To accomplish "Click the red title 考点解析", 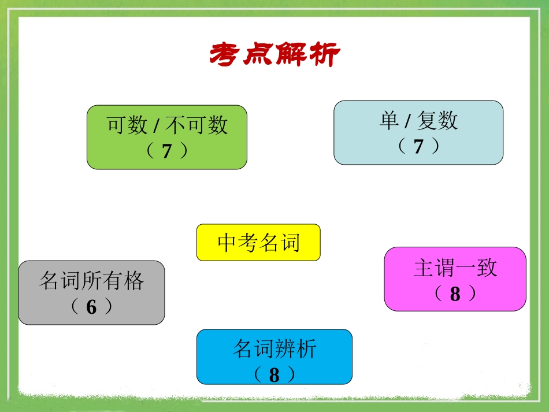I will pos(274,55).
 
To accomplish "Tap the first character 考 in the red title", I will pos(225,55).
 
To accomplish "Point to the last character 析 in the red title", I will pos(325,55).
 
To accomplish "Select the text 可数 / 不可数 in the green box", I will pos(167,125).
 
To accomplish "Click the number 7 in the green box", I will pos(167,151).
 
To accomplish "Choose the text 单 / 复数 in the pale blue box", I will pos(418,121).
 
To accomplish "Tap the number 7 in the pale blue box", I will pos(418,147).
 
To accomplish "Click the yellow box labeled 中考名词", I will pos(258,243).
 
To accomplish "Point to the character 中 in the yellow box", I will pos(227,243).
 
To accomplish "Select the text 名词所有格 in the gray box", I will pos(91,281).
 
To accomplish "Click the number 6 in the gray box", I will pos(91,307).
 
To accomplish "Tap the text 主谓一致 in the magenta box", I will pos(455,268).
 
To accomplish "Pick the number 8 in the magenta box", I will pos(455,294).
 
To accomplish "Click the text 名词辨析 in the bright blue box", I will pos(274,349).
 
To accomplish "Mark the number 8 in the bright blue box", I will pos(274,375).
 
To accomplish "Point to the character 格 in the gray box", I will pos(133,281).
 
